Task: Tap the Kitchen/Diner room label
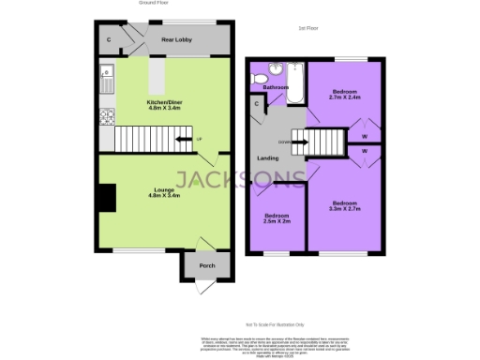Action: pyautogui.click(x=164, y=106)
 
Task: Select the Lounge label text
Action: pyautogui.click(x=165, y=192)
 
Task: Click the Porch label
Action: pyautogui.click(x=207, y=265)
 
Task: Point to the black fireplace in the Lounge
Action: pyautogui.click(x=107, y=198)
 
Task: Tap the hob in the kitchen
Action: pyautogui.click(x=107, y=116)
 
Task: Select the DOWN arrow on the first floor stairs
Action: pyautogui.click(x=298, y=142)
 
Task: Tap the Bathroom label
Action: pyautogui.click(x=276, y=87)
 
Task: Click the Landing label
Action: pyautogui.click(x=267, y=157)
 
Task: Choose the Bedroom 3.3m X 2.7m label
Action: pyautogui.click(x=344, y=205)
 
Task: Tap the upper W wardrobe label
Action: pyautogui.click(x=364, y=134)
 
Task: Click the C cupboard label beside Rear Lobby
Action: pyautogui.click(x=109, y=39)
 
